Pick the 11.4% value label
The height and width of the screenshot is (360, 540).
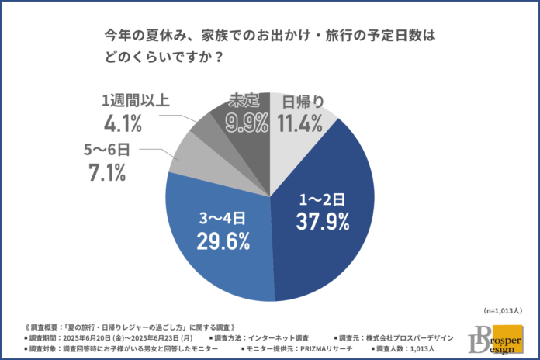click(x=302, y=122)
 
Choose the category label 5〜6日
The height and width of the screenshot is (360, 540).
click(x=106, y=149)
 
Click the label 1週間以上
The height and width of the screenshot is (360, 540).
click(x=134, y=99)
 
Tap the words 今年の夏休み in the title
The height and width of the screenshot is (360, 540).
click(x=144, y=36)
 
